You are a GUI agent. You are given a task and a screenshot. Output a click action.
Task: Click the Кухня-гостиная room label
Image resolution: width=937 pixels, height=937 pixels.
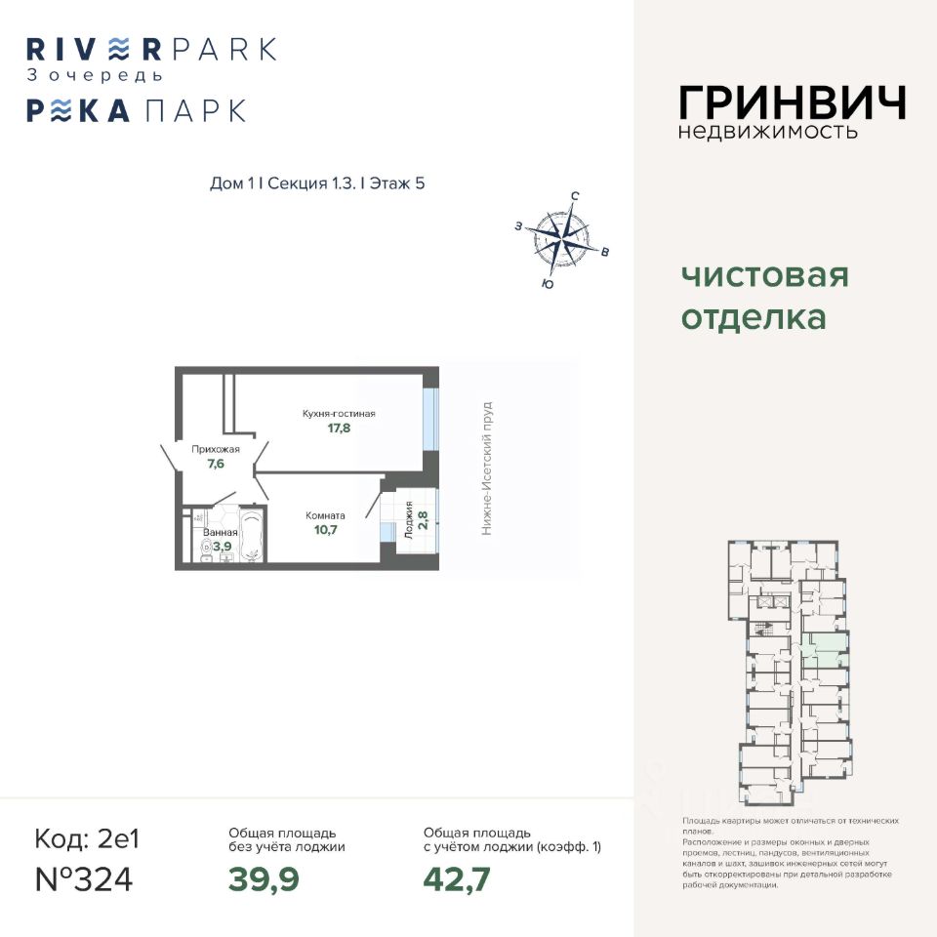tap(339, 413)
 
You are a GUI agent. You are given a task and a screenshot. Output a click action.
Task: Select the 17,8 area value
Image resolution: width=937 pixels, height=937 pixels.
tap(339, 428)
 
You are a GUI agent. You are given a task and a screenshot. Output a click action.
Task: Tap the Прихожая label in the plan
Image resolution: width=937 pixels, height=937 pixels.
tap(216, 449)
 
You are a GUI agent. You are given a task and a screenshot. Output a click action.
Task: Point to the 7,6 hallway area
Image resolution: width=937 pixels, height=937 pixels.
tap(216, 464)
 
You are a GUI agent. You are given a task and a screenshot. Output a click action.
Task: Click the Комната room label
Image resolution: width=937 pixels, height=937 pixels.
tap(325, 515)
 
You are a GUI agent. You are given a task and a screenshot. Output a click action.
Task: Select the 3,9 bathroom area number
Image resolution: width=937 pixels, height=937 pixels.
tap(222, 547)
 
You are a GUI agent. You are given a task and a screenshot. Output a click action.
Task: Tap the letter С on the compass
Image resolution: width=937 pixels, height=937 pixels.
tap(575, 196)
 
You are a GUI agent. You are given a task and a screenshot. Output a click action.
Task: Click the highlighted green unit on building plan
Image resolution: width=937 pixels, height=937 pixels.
tap(825, 649)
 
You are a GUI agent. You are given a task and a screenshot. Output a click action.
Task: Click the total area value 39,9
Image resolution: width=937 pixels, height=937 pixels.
tap(264, 878)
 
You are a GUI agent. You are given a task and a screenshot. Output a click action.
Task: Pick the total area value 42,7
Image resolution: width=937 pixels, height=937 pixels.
tap(457, 878)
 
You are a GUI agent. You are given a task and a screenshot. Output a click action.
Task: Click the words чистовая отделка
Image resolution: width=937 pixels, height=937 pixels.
tap(764, 297)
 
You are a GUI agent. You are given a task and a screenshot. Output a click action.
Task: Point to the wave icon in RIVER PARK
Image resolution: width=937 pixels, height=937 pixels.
tap(117, 48)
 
